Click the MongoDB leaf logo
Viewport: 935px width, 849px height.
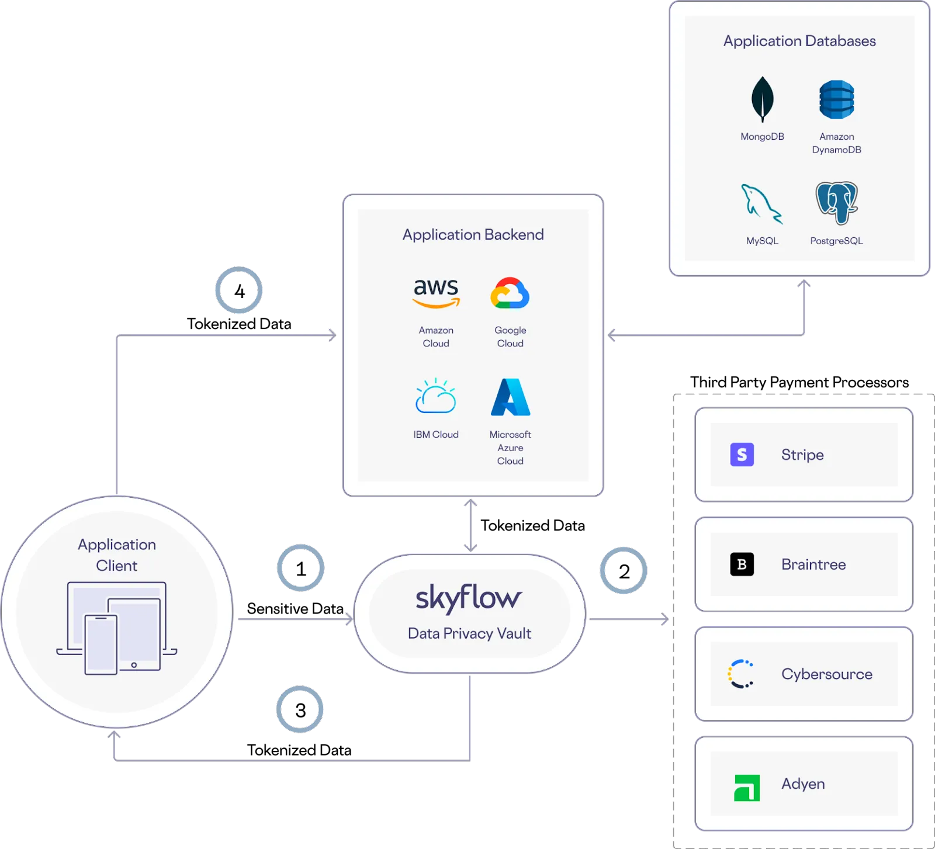point(762,99)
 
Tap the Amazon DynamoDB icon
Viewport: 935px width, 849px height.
point(836,99)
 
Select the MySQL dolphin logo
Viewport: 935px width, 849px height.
point(761,204)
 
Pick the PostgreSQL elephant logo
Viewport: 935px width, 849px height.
point(836,203)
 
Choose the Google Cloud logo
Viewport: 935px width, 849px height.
point(510,293)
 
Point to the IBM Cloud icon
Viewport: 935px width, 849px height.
point(435,397)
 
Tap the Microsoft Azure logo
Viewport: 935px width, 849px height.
point(510,397)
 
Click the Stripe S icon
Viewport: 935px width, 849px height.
point(742,455)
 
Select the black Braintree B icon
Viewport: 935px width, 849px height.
point(742,564)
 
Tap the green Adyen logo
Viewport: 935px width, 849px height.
point(747,787)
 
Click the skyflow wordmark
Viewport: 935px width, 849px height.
point(469,598)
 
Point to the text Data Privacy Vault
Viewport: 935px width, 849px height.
point(469,633)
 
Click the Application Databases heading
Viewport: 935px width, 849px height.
point(799,41)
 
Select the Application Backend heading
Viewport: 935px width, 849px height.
point(473,234)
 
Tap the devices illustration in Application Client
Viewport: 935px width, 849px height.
point(117,628)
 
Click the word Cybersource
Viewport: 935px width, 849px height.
point(826,674)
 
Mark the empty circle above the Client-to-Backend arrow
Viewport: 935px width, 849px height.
point(238,290)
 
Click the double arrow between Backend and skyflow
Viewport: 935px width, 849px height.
point(470,525)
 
